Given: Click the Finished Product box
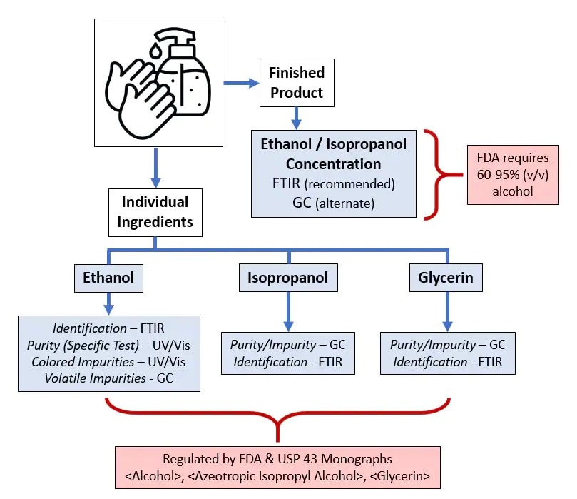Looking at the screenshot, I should pyautogui.click(x=296, y=82).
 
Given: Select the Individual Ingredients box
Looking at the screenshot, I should pyautogui.click(x=155, y=211).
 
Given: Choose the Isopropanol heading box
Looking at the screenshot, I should pyautogui.click(x=288, y=278).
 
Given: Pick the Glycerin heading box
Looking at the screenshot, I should pyautogui.click(x=447, y=278).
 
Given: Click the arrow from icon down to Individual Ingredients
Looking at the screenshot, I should pyautogui.click(x=155, y=172).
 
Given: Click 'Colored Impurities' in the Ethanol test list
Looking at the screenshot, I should pyautogui.click(x=76, y=361).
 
